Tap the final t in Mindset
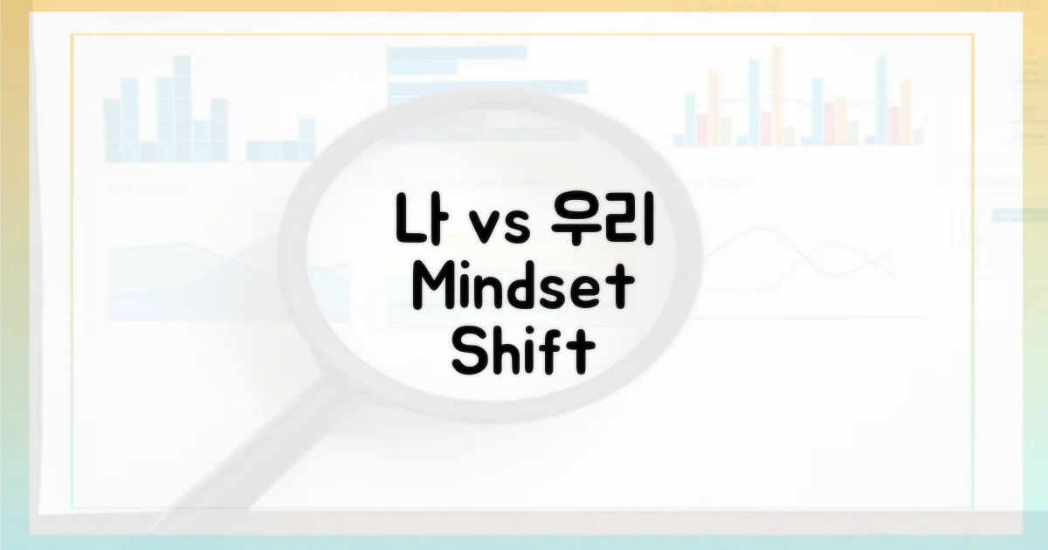point(619,291)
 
